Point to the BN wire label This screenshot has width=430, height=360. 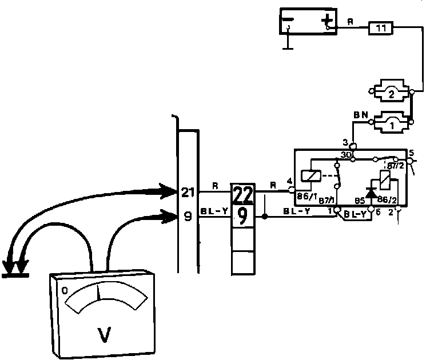[360, 114]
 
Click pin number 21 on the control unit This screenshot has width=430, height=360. [188, 192]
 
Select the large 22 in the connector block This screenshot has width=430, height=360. [242, 195]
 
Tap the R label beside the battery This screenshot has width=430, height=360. [351, 22]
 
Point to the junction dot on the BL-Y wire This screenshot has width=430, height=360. [264, 217]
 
